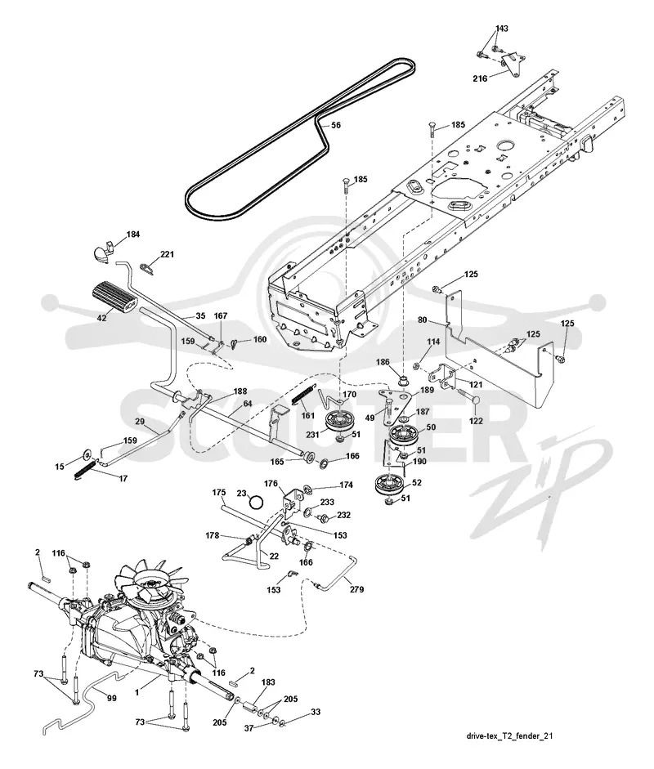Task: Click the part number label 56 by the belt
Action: click(336, 125)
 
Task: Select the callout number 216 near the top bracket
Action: click(480, 78)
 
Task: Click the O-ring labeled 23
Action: click(256, 503)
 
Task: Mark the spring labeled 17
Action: click(85, 470)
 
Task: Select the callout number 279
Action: click(356, 589)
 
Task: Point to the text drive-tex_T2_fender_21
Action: click(504, 735)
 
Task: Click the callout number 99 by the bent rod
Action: click(111, 697)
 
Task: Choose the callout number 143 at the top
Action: click(501, 29)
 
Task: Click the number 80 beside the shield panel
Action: click(422, 320)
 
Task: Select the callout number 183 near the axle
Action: click(268, 682)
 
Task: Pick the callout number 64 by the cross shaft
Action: click(247, 404)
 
